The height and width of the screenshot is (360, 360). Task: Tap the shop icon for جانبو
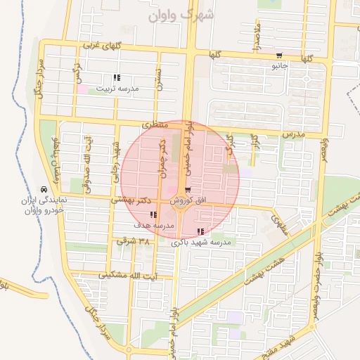coord(280,56)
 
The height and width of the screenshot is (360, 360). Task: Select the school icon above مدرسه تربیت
coord(116,78)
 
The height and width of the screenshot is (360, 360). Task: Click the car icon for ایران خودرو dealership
coord(44,190)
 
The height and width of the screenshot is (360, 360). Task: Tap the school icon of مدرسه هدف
coord(153,215)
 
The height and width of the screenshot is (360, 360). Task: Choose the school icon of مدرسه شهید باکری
coord(201,231)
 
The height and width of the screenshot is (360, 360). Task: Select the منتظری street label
coord(155,124)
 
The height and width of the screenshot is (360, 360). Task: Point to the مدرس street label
coord(292,133)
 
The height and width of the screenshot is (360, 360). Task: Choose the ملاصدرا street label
coord(257,36)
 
